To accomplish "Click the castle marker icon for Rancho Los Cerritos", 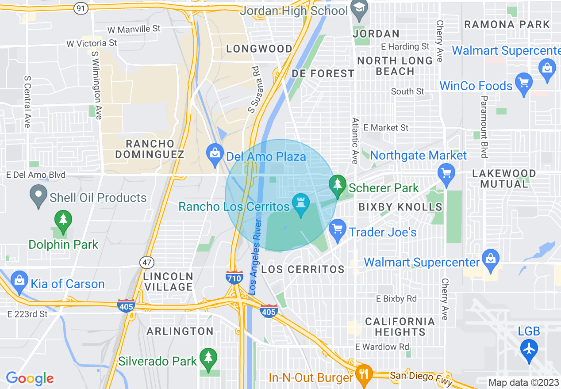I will tap(301, 203).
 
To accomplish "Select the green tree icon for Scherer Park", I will tap(338, 185).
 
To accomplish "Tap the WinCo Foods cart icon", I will tap(524, 84).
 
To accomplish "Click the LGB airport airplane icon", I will tap(529, 348).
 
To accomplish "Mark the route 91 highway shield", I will tap(81, 8).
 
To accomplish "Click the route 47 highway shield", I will tap(146, 262).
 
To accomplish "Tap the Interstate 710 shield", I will tap(234, 277).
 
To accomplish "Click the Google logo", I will tap(30, 378).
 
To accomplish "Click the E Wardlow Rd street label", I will tap(382, 347).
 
